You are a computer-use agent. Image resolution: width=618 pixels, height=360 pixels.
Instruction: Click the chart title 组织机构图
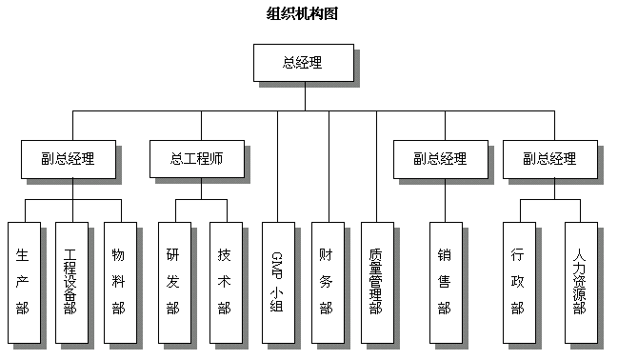pos(303,13)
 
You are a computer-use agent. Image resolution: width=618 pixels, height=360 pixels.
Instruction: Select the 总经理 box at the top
pos(303,63)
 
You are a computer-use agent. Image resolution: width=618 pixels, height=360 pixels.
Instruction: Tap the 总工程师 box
pos(197,159)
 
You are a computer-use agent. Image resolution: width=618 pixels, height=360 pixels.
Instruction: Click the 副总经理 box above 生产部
pos(69,159)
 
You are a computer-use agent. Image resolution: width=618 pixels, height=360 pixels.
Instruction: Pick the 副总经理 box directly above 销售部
pos(440,159)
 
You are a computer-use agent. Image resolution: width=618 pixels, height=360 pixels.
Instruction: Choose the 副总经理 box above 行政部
pos(549,159)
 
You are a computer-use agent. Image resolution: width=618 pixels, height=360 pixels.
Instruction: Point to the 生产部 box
pos(23,282)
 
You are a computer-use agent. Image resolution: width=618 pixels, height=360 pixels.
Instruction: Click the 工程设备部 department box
pos(71,282)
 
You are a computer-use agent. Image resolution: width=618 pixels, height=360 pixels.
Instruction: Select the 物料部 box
pos(119,282)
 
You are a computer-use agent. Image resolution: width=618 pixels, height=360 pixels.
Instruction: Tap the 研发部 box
pos(172,282)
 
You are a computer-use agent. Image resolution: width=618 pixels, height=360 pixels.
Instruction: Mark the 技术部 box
pos(225,282)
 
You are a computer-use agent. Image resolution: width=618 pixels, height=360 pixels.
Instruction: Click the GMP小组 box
pos(277,282)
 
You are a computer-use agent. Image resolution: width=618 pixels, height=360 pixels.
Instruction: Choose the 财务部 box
pos(327,282)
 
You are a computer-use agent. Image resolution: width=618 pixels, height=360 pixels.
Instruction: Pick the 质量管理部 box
pos(376,282)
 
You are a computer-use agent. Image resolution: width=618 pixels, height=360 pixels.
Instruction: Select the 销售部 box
pos(445,282)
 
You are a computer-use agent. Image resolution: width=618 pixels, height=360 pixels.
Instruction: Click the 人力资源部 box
pos(581,282)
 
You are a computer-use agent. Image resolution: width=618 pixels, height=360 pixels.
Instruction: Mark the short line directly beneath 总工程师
pos(201,189)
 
